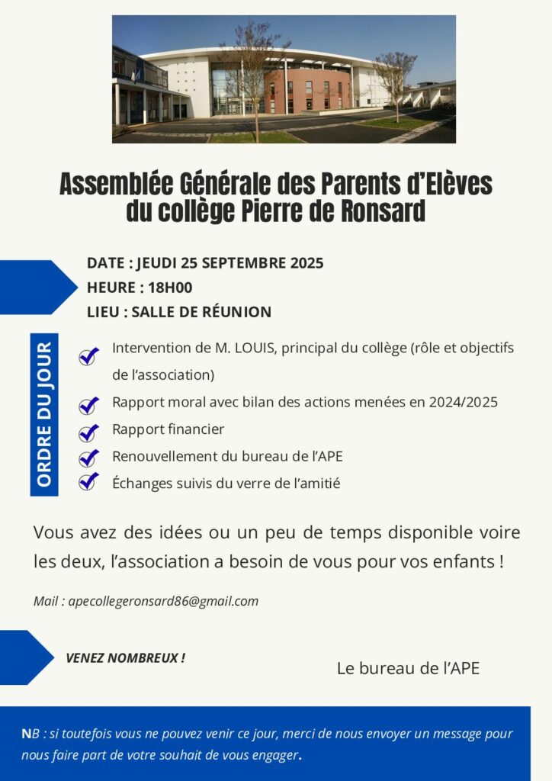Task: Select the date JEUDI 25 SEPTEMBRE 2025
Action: pyautogui.click(x=229, y=263)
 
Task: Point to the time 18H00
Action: pyautogui.click(x=171, y=288)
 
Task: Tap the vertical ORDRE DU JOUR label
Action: pyautogui.click(x=44, y=414)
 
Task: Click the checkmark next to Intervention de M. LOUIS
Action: pyautogui.click(x=89, y=355)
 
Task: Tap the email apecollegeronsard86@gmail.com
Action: pyautogui.click(x=163, y=601)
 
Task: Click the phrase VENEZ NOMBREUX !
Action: pyautogui.click(x=125, y=657)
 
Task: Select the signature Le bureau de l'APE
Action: pyautogui.click(x=408, y=668)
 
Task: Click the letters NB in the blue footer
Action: pyautogui.click(x=27, y=734)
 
